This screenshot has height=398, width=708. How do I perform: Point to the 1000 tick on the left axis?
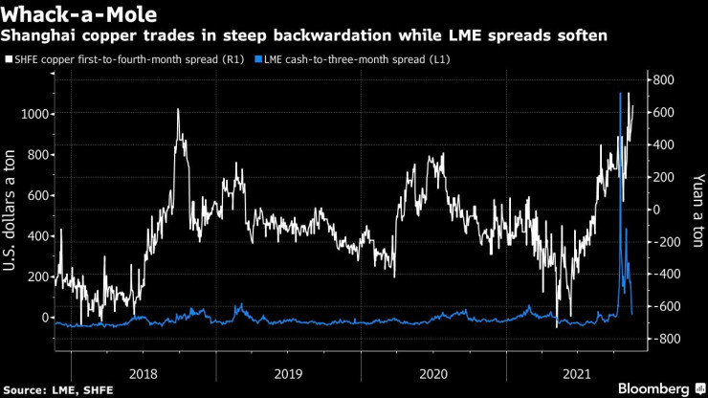click(35, 114)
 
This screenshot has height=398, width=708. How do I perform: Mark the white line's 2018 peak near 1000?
click(178, 110)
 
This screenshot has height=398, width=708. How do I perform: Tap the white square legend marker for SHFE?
click(9, 59)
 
